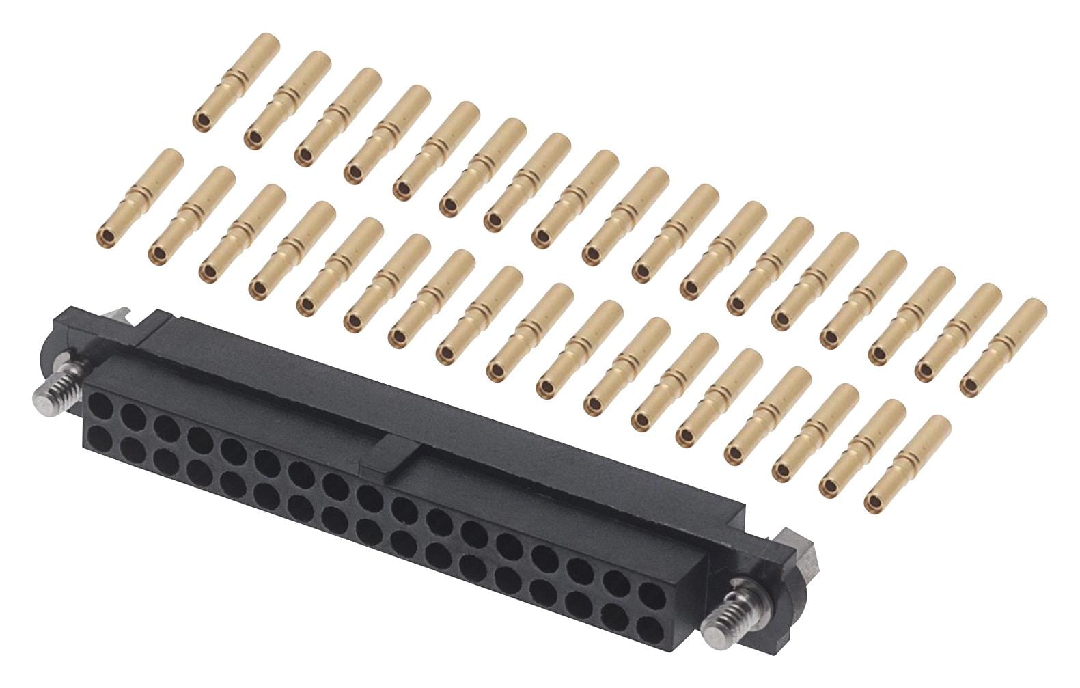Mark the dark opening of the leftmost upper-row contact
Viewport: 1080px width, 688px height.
coord(202,123)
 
